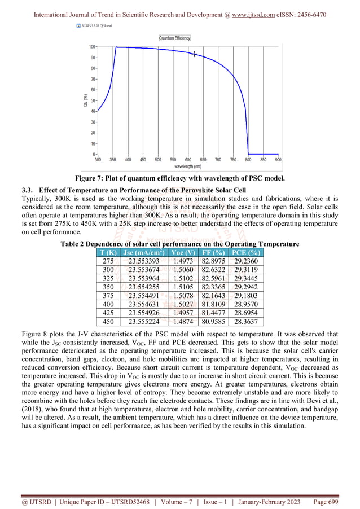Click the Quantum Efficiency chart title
[x=174, y=38]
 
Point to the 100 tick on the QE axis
[x=91, y=47]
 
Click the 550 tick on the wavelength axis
[x=173, y=160]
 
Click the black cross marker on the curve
[x=195, y=54]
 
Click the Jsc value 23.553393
[x=144, y=261]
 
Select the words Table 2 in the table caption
[x=74, y=243]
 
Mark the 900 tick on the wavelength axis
[x=278, y=160]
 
